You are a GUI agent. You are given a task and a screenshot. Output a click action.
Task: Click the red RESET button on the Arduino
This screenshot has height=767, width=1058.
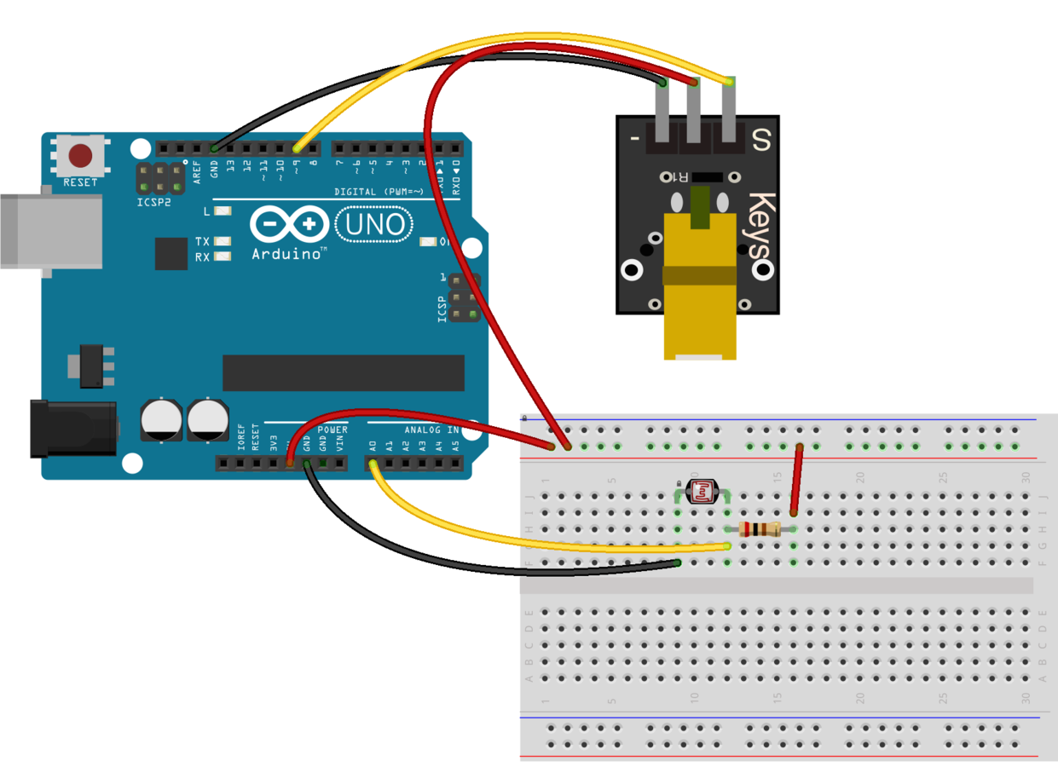click(81, 156)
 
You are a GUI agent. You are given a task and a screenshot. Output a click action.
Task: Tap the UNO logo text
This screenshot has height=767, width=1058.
click(374, 225)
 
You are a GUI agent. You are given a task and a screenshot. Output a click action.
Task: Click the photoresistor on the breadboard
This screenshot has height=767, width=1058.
click(701, 491)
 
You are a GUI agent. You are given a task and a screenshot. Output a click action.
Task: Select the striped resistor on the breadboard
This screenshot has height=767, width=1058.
click(760, 529)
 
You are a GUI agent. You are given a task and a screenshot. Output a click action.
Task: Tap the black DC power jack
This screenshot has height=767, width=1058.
click(72, 429)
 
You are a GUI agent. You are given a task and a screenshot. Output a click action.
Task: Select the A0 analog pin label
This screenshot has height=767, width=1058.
click(373, 445)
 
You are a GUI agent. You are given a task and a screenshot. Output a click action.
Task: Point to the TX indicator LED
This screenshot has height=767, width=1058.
click(223, 242)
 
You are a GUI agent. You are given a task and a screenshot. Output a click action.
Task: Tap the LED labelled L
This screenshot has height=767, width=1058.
click(223, 210)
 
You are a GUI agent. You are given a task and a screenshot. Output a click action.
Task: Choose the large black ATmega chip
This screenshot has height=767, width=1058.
click(343, 372)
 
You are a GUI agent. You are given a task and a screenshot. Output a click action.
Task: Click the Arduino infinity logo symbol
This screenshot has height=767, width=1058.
click(289, 225)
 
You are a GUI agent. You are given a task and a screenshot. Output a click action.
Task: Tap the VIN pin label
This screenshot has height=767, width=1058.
click(339, 443)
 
